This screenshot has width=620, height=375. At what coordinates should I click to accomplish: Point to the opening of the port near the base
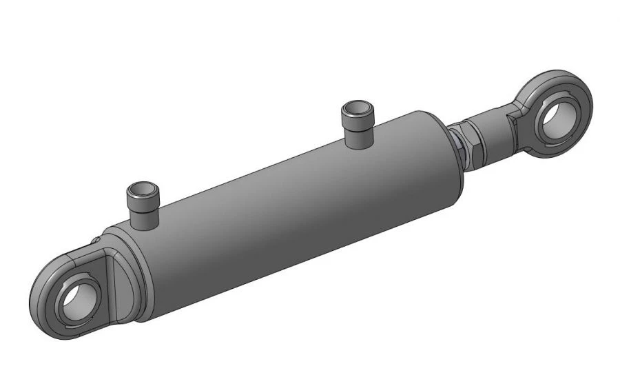click(141, 189)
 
